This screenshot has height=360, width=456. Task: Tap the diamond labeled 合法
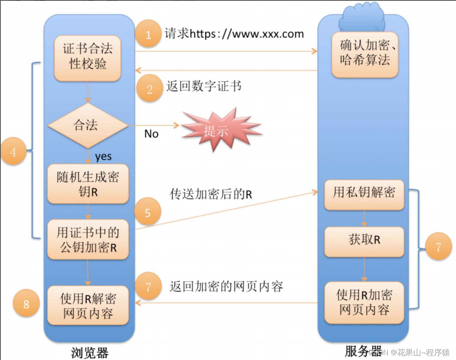click(x=86, y=125)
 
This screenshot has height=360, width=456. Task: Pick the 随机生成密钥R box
click(x=88, y=184)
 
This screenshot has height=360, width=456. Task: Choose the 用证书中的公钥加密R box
click(x=88, y=239)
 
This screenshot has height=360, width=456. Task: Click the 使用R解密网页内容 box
click(x=88, y=305)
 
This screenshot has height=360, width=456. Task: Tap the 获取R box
click(x=364, y=241)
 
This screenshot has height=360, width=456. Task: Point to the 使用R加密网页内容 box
click(x=364, y=302)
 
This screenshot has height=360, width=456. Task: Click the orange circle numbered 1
click(x=148, y=35)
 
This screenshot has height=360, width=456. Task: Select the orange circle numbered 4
click(x=13, y=152)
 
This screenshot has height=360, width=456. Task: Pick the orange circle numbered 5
click(x=147, y=213)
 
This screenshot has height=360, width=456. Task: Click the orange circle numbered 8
click(x=26, y=304)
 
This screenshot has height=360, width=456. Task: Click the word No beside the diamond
click(x=151, y=134)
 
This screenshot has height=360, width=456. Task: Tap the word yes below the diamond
click(x=103, y=157)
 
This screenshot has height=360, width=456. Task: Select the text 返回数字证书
click(x=204, y=86)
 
